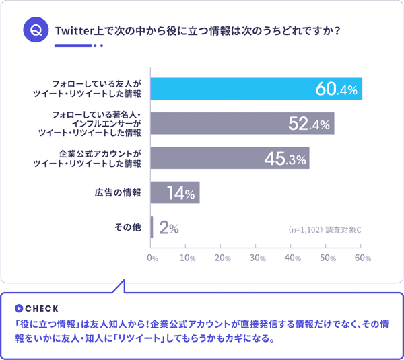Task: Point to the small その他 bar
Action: (153, 227)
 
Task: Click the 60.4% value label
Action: (335, 89)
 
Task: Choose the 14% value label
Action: (180, 194)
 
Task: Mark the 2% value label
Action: (169, 228)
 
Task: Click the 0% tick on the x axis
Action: (152, 258)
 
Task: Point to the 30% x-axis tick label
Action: (258, 258)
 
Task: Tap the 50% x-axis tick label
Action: (328, 258)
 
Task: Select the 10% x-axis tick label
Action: (187, 258)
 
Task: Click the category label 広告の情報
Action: (117, 193)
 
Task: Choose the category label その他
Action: (128, 227)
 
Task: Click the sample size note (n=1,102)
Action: (305, 230)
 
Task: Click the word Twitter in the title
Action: (77, 31)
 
